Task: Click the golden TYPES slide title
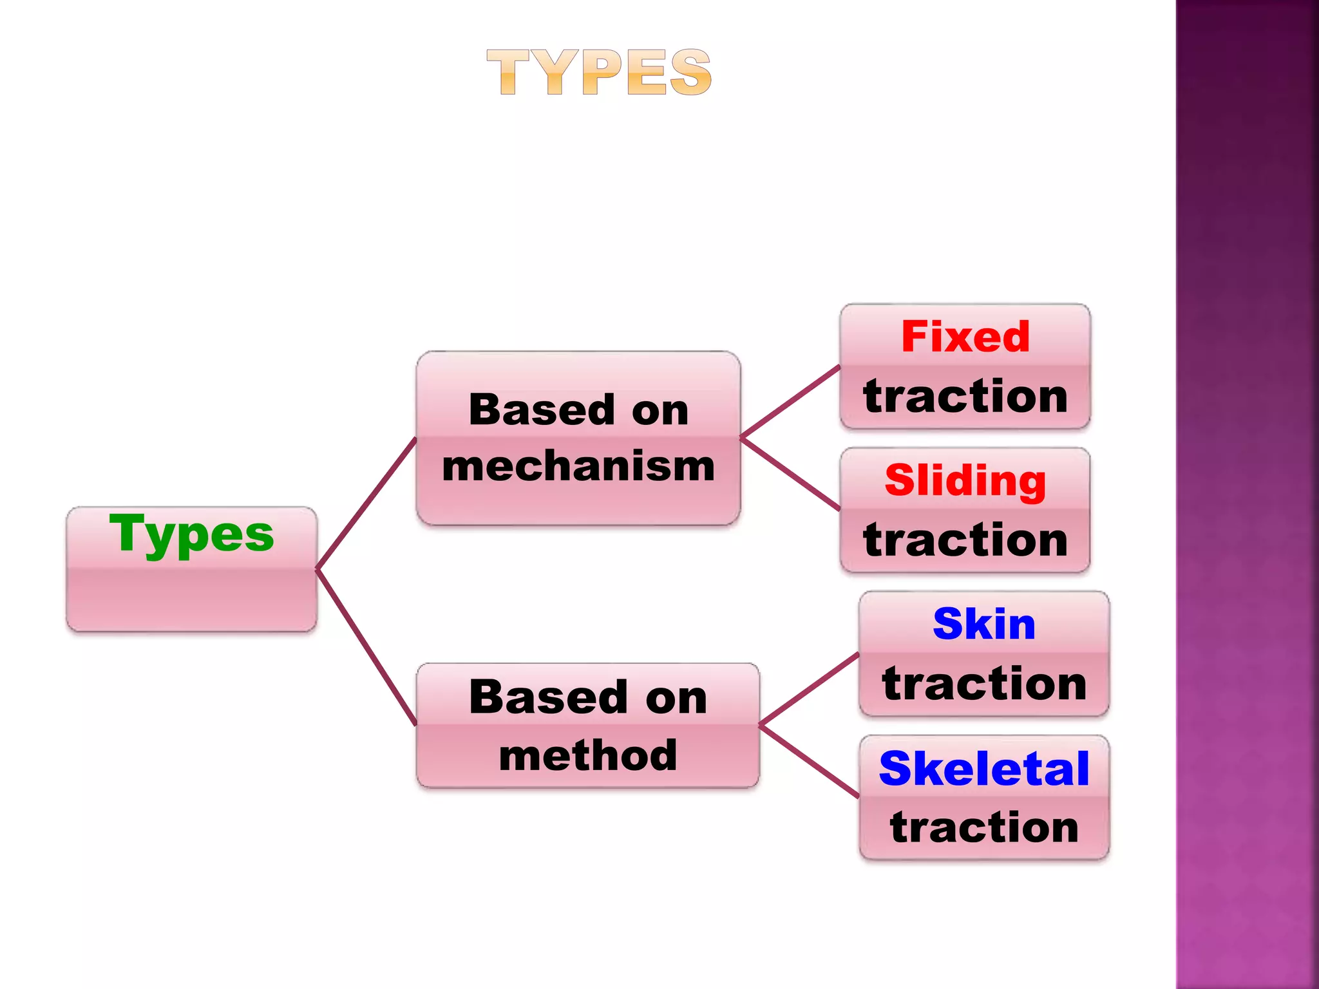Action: [x=599, y=72]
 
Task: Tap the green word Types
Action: [x=191, y=534]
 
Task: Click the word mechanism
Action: [x=578, y=466]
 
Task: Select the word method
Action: [x=587, y=755]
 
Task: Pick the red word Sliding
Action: [x=965, y=481]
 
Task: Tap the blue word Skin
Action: [x=983, y=624]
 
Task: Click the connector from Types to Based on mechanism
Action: [x=366, y=504]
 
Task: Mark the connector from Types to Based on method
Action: [x=366, y=647]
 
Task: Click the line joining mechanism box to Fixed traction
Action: [x=790, y=402]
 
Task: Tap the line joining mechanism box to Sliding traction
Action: [x=790, y=474]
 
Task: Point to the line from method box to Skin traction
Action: [x=809, y=690]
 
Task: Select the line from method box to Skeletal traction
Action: [x=809, y=762]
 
